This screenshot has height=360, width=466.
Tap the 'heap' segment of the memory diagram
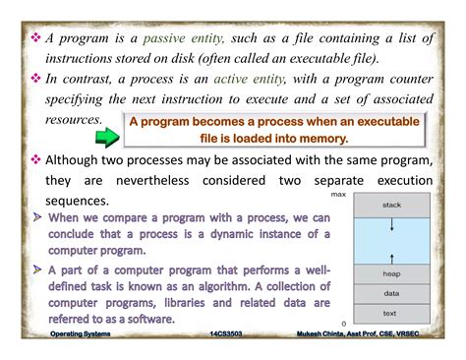click(391, 273)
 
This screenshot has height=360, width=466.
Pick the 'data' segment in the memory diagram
click(391, 293)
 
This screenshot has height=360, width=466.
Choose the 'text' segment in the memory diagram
click(391, 313)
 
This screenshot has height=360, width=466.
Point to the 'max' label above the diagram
click(339, 195)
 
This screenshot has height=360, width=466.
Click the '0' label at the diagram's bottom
click(343, 323)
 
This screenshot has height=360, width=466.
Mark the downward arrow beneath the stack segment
click(391, 227)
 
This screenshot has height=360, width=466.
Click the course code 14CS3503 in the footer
click(232, 334)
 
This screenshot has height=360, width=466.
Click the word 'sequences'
click(80, 201)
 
